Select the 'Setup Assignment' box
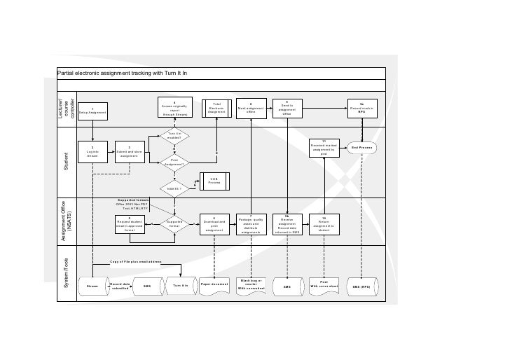pos(92,110)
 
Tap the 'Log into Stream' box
pos(92,152)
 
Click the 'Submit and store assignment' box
pos(130,152)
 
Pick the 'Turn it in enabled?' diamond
pos(174,135)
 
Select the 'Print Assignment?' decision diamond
pos(174,162)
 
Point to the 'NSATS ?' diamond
pos(174,188)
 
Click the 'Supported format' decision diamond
pos(174,224)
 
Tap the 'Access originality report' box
pos(174,108)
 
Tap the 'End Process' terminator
pos(361,148)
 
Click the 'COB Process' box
pos(214,179)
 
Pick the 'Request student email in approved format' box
pos(130,224)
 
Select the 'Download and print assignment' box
pos(214,224)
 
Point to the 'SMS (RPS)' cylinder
pos(361,287)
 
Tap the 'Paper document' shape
pos(214,284)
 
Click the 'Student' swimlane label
pos(67,167)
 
